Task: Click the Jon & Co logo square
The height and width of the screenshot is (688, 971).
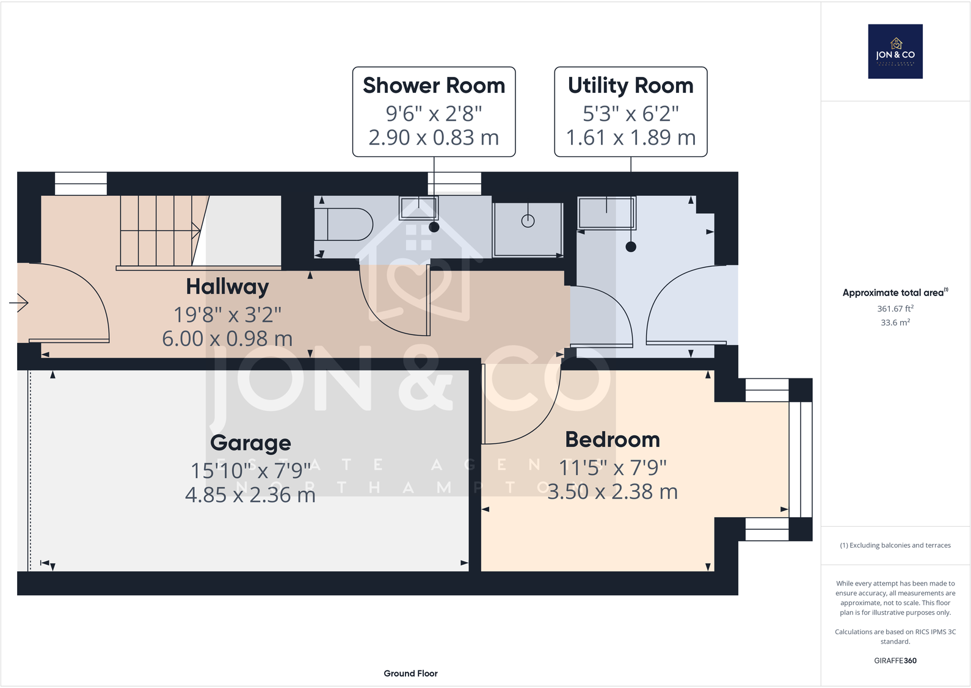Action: click(895, 51)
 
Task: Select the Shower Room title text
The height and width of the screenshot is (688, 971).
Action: click(434, 85)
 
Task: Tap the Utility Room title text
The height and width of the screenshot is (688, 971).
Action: click(630, 85)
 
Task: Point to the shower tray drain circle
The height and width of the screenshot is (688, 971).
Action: click(528, 221)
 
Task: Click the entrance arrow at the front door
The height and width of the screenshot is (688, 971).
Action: click(19, 302)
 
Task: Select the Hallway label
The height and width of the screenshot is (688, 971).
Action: click(227, 286)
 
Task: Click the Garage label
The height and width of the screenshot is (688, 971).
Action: click(250, 443)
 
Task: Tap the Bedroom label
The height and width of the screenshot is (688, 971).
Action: click(612, 440)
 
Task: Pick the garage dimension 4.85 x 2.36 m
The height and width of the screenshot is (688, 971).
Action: click(250, 494)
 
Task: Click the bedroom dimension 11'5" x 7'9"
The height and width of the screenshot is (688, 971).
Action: click(613, 468)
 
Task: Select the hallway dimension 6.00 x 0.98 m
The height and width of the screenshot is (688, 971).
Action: click(227, 338)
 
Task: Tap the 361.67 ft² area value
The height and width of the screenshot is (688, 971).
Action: click(895, 309)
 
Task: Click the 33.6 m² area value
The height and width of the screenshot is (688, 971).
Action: click(895, 322)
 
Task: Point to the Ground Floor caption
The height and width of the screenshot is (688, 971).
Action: click(410, 673)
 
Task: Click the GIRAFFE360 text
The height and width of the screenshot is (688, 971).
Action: click(895, 661)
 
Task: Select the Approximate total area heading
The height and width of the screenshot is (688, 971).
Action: click(895, 292)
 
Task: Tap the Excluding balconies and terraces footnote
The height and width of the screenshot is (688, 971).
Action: click(895, 545)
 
